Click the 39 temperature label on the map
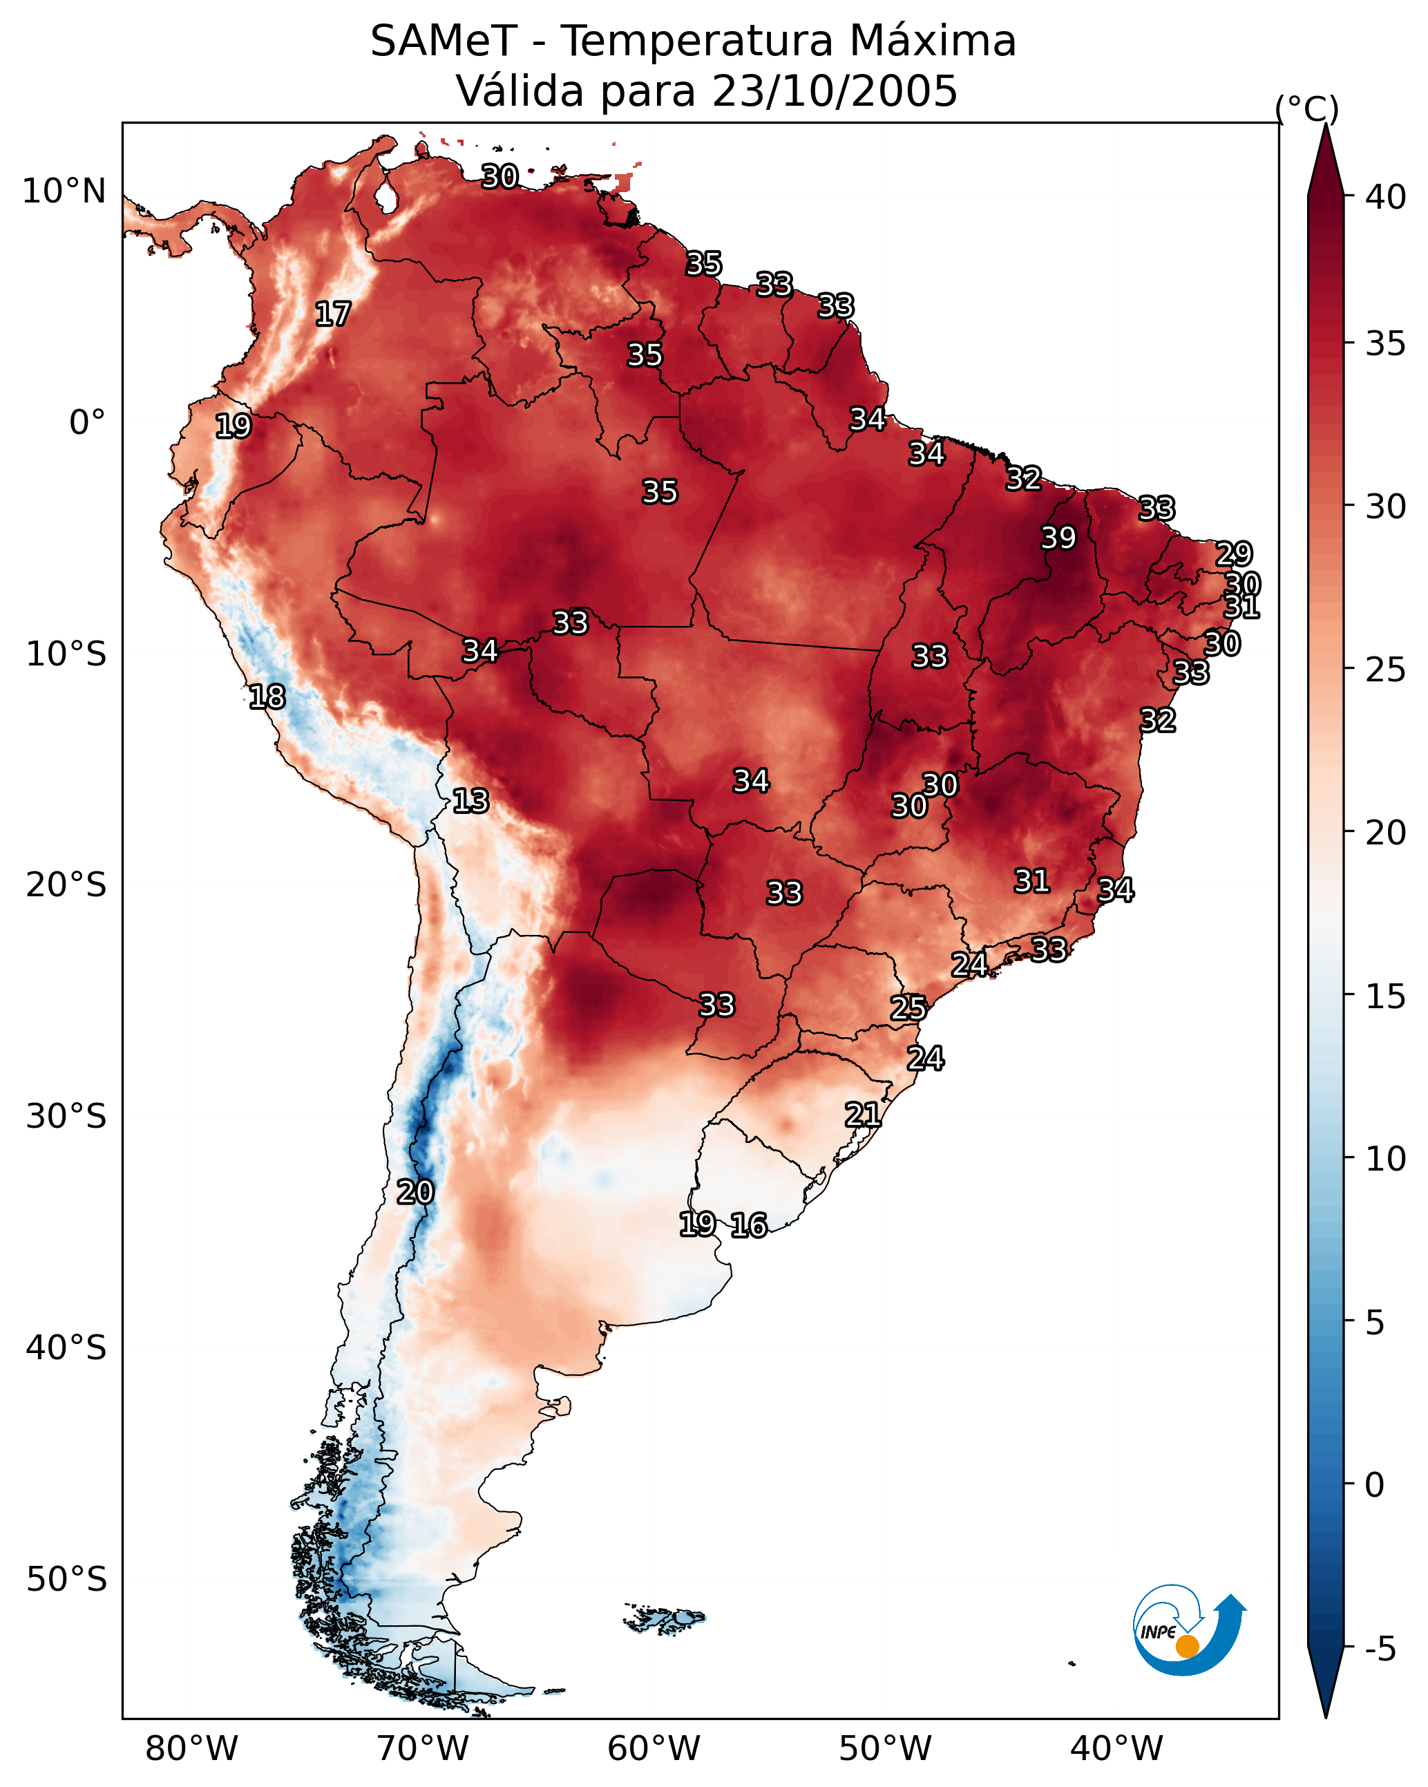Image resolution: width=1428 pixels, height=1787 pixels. pyautogui.click(x=1058, y=538)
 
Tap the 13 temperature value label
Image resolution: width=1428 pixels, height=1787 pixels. pyautogui.click(x=470, y=801)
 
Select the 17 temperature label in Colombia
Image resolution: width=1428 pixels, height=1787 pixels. pyautogui.click(x=333, y=314)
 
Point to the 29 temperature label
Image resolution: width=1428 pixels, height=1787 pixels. pyautogui.click(x=1234, y=554)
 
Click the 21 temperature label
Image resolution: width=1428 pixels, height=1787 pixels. pyautogui.click(x=863, y=1114)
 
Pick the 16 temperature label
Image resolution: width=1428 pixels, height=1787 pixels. pyautogui.click(x=749, y=1225)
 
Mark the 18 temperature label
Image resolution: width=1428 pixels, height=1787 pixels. pyautogui.click(x=267, y=697)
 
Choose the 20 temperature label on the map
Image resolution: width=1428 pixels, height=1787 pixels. pyautogui.click(x=415, y=1192)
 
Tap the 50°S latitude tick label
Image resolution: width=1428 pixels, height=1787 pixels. pyautogui.click(x=66, y=1580)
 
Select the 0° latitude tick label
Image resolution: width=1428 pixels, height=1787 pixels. pyautogui.click(x=87, y=423)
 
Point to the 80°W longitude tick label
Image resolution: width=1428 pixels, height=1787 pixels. pyautogui.click(x=191, y=1748)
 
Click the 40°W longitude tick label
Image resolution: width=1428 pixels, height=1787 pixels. pyautogui.click(x=1116, y=1748)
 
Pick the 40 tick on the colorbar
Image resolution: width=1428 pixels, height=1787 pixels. pyautogui.click(x=1386, y=197)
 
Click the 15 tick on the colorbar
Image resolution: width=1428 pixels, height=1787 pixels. pyautogui.click(x=1386, y=996)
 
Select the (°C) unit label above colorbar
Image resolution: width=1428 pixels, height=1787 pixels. pyautogui.click(x=1306, y=108)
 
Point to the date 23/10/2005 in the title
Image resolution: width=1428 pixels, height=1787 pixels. pyautogui.click(x=835, y=91)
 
